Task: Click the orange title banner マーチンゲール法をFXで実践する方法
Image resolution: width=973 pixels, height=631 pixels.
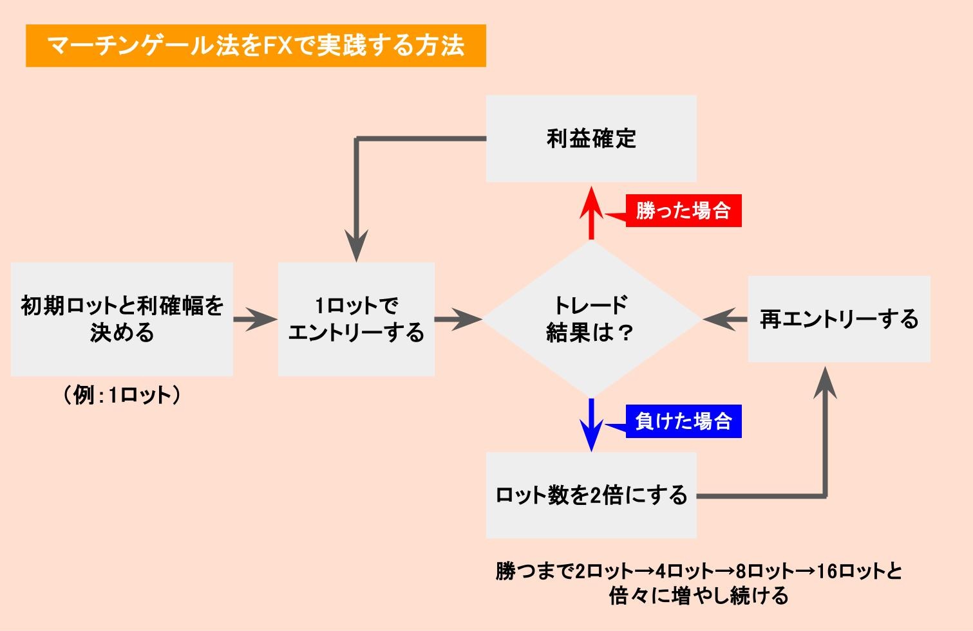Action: pos(256,46)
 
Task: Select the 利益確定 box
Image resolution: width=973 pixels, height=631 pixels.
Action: pos(590,138)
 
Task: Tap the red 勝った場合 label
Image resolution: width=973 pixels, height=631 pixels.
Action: pos(683,211)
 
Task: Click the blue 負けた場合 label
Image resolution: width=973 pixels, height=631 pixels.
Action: pos(683,421)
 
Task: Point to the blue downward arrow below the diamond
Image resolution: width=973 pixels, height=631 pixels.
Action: pos(590,425)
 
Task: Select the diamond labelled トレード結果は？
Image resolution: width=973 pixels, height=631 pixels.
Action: pos(590,318)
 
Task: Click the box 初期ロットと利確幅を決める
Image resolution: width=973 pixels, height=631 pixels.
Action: pos(122,318)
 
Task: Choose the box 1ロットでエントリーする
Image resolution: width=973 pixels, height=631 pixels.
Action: pos(356,318)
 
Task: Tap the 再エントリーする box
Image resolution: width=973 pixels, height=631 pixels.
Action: pos(838,318)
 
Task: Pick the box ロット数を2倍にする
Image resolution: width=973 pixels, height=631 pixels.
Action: pos(590,495)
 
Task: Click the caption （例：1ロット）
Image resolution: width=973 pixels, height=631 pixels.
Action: pos(122,395)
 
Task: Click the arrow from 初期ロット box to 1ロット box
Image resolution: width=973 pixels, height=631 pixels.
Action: pos(255,319)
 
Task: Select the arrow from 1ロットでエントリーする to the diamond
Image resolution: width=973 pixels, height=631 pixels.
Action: pos(458,319)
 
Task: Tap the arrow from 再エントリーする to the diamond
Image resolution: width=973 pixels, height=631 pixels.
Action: pos(724,319)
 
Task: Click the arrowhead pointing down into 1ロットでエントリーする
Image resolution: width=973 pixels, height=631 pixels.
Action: pos(356,246)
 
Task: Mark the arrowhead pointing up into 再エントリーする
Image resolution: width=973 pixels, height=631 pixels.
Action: pos(825,383)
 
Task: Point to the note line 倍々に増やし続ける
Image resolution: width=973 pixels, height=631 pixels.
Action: pos(699,596)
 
